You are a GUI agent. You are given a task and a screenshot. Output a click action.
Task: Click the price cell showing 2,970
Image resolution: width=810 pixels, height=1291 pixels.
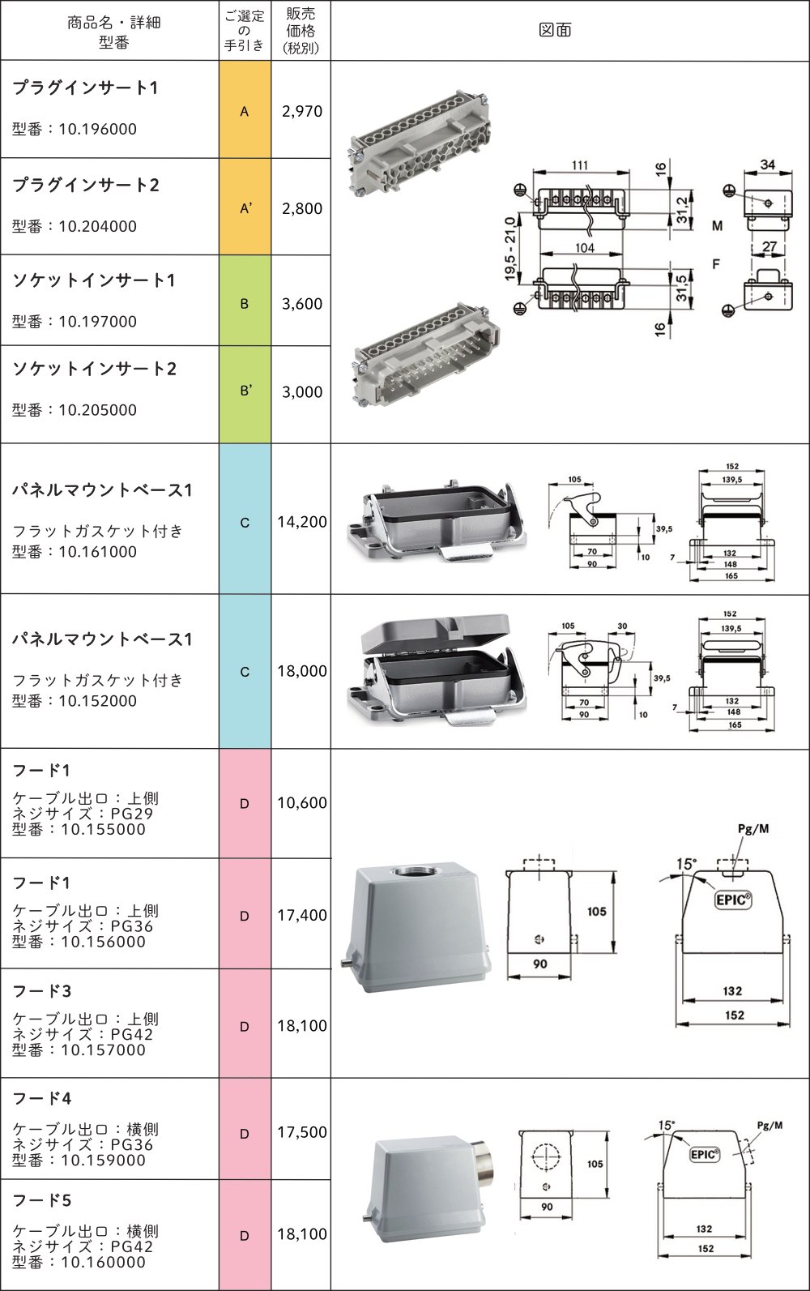click(x=301, y=111)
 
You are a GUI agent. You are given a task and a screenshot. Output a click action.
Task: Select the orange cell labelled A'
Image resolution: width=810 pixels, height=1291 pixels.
click(x=245, y=207)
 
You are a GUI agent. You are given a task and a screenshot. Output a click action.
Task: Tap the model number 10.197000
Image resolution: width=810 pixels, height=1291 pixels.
click(x=97, y=322)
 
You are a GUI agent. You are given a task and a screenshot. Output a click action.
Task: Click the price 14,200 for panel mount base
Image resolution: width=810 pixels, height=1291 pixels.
click(x=301, y=522)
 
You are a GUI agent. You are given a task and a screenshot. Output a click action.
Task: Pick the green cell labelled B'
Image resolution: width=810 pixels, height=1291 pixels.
click(x=245, y=391)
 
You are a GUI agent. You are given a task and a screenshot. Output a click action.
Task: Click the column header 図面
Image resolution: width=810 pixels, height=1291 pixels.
click(x=555, y=30)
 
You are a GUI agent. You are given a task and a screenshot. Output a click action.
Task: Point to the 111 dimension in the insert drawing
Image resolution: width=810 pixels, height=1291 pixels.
click(x=580, y=165)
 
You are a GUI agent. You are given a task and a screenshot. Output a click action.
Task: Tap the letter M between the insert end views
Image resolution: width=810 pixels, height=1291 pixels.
click(x=717, y=226)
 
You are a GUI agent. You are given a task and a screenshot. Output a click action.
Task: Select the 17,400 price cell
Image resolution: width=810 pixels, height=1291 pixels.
click(x=301, y=915)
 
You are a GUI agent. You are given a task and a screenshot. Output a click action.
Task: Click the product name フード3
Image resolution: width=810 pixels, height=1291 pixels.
click(x=42, y=991)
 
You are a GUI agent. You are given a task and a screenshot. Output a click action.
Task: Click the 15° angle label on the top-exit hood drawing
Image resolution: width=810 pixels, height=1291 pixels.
click(x=685, y=864)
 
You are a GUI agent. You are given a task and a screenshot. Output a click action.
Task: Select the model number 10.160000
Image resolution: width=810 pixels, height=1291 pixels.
click(x=103, y=1262)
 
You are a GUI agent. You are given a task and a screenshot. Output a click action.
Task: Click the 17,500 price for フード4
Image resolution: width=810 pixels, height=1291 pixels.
click(x=301, y=1132)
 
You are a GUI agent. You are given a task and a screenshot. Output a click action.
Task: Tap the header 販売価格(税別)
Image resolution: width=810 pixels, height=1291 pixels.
click(x=301, y=30)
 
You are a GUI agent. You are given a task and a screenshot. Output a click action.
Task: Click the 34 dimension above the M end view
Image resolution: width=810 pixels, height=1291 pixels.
click(x=767, y=165)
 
